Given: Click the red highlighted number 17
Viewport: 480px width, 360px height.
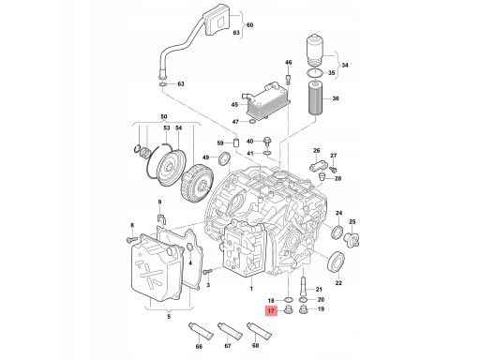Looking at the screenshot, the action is pyautogui.click(x=271, y=311).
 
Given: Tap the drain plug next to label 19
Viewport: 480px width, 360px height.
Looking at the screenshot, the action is pyautogui.click(x=303, y=310).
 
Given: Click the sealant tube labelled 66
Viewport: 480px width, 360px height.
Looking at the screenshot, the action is pyautogui.click(x=201, y=332).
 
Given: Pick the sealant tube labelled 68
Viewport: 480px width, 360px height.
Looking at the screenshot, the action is pyautogui.click(x=260, y=331).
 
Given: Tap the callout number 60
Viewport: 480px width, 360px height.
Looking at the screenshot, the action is pyautogui.click(x=249, y=24).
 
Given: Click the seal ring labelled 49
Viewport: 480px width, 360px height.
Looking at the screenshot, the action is pyautogui.click(x=225, y=158).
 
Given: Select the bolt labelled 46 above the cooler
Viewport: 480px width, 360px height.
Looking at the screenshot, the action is pyautogui.click(x=289, y=79).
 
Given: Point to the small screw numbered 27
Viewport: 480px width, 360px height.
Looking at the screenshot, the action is pyautogui.click(x=333, y=169).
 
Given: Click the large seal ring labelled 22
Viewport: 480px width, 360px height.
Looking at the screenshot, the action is pyautogui.click(x=336, y=262).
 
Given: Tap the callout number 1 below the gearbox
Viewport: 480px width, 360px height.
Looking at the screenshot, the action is pyautogui.click(x=251, y=289).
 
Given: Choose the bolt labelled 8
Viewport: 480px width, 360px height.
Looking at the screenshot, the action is pyautogui.click(x=132, y=239).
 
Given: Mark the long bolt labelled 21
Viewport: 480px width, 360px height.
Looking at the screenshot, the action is pyautogui.click(x=303, y=285).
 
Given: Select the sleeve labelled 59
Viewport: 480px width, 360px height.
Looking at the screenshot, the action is pyautogui.click(x=236, y=142).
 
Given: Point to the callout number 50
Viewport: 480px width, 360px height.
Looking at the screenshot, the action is pyautogui.click(x=164, y=116).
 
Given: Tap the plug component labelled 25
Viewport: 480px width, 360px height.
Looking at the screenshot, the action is pyautogui.click(x=351, y=239).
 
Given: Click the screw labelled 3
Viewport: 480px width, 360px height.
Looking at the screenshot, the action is pyautogui.click(x=207, y=271).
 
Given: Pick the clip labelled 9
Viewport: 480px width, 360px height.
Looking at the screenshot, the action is pyautogui.click(x=161, y=219).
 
